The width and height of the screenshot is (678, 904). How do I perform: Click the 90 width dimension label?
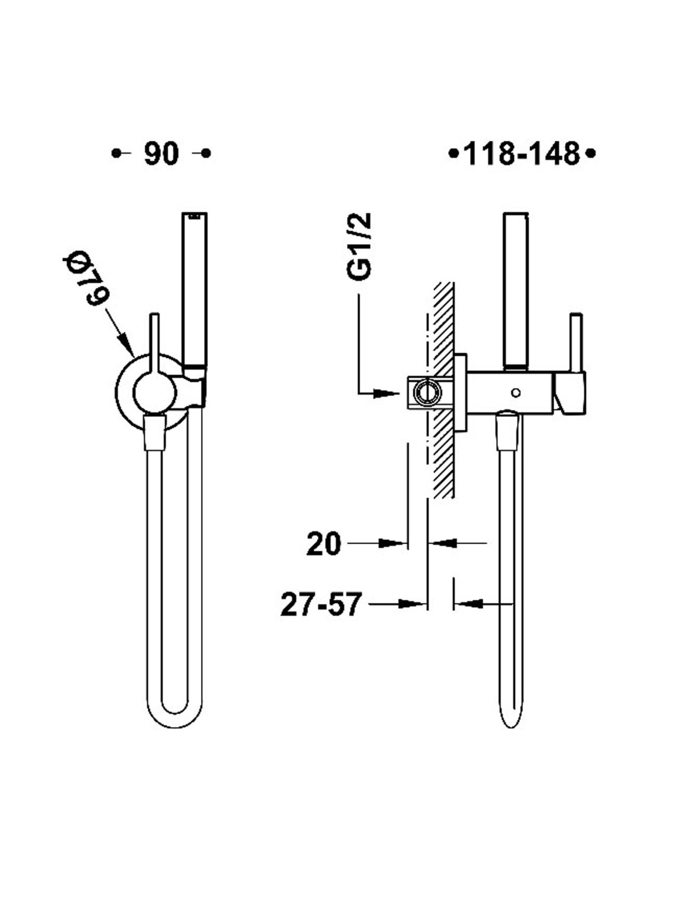(161, 154)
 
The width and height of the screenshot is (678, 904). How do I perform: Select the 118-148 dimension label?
(521, 154)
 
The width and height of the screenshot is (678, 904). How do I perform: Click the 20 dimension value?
(324, 544)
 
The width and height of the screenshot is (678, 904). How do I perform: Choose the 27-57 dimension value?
(320, 604)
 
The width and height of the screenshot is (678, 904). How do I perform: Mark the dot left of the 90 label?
(116, 153)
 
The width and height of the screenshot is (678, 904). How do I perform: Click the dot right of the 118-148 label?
(590, 153)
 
